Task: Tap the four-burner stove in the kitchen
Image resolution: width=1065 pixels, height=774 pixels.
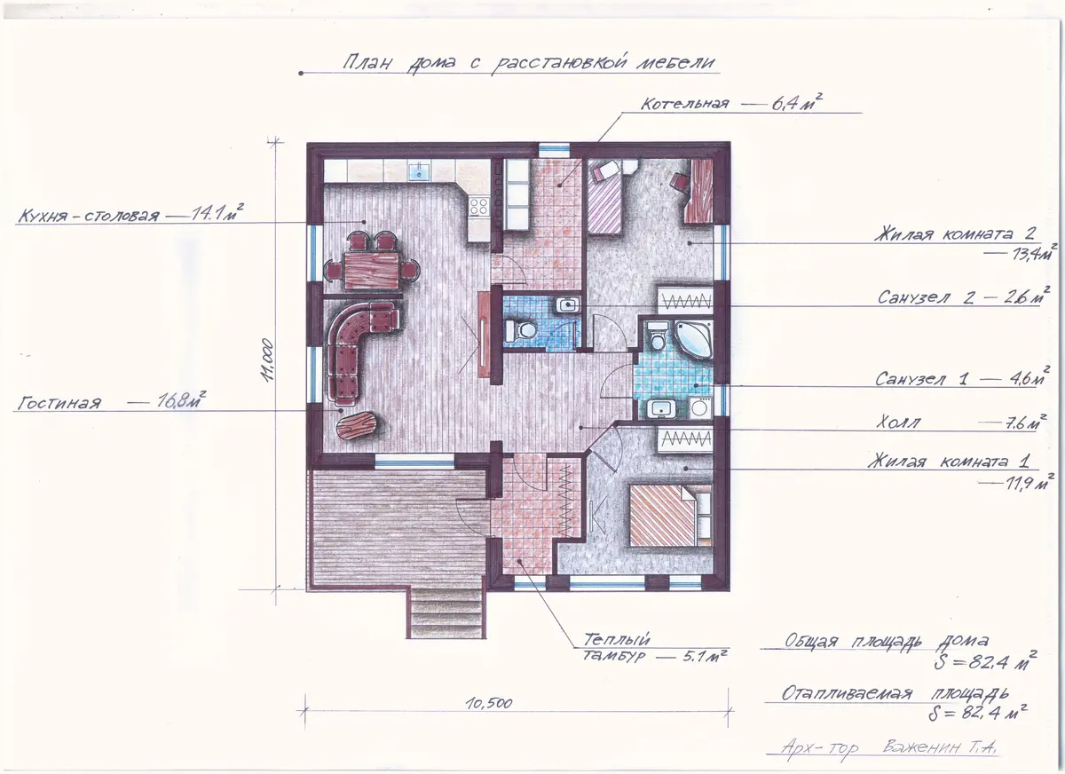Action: click(x=478, y=207)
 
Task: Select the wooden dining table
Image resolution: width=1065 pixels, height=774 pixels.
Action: click(x=371, y=271)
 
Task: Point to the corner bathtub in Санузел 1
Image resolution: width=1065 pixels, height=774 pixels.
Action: click(x=694, y=339)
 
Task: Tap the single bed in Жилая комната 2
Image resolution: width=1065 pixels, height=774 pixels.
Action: click(x=604, y=197)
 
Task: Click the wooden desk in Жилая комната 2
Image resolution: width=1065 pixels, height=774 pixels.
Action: click(x=699, y=191)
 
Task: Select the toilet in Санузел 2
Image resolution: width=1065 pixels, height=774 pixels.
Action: click(x=520, y=329)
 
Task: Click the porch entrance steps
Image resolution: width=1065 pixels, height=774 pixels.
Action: click(x=446, y=613)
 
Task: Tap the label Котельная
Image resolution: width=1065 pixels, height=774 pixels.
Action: click(x=684, y=104)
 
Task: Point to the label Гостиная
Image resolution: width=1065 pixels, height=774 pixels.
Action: click(x=59, y=404)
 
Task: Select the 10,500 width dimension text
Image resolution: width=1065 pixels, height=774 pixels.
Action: click(x=489, y=703)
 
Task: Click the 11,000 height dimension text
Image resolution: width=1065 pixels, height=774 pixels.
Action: click(x=268, y=359)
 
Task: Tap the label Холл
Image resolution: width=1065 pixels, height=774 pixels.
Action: click(x=898, y=423)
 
